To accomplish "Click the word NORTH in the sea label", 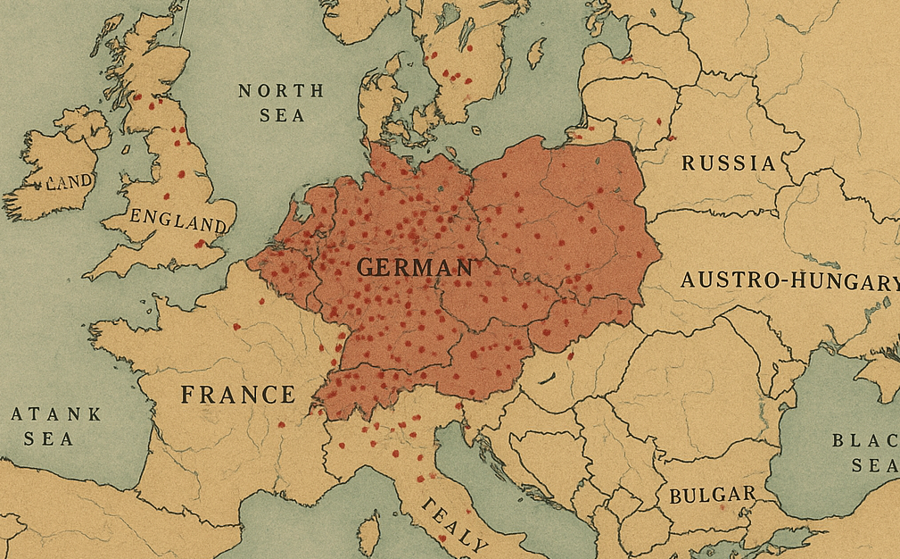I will pos(281,91).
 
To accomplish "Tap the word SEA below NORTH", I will pos(282,115).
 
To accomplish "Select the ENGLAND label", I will pos(178,220).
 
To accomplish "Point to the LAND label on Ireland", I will pos(69,182).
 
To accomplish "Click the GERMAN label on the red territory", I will pos(415,267).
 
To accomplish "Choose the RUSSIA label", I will pos(729,163).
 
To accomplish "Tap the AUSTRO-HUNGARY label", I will pos(789,281).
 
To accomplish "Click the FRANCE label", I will pos(238,395).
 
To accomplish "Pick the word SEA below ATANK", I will pos(42,438).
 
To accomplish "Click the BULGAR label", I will pos(712,495).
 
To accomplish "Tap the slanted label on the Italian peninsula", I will pos(456,526).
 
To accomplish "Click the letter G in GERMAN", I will pos(366,267).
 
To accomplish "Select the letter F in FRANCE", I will pos(189,395).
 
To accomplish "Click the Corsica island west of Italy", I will pos(368,533).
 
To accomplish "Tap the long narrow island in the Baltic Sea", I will pos(536,54).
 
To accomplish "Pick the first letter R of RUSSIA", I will pos(689,163).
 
